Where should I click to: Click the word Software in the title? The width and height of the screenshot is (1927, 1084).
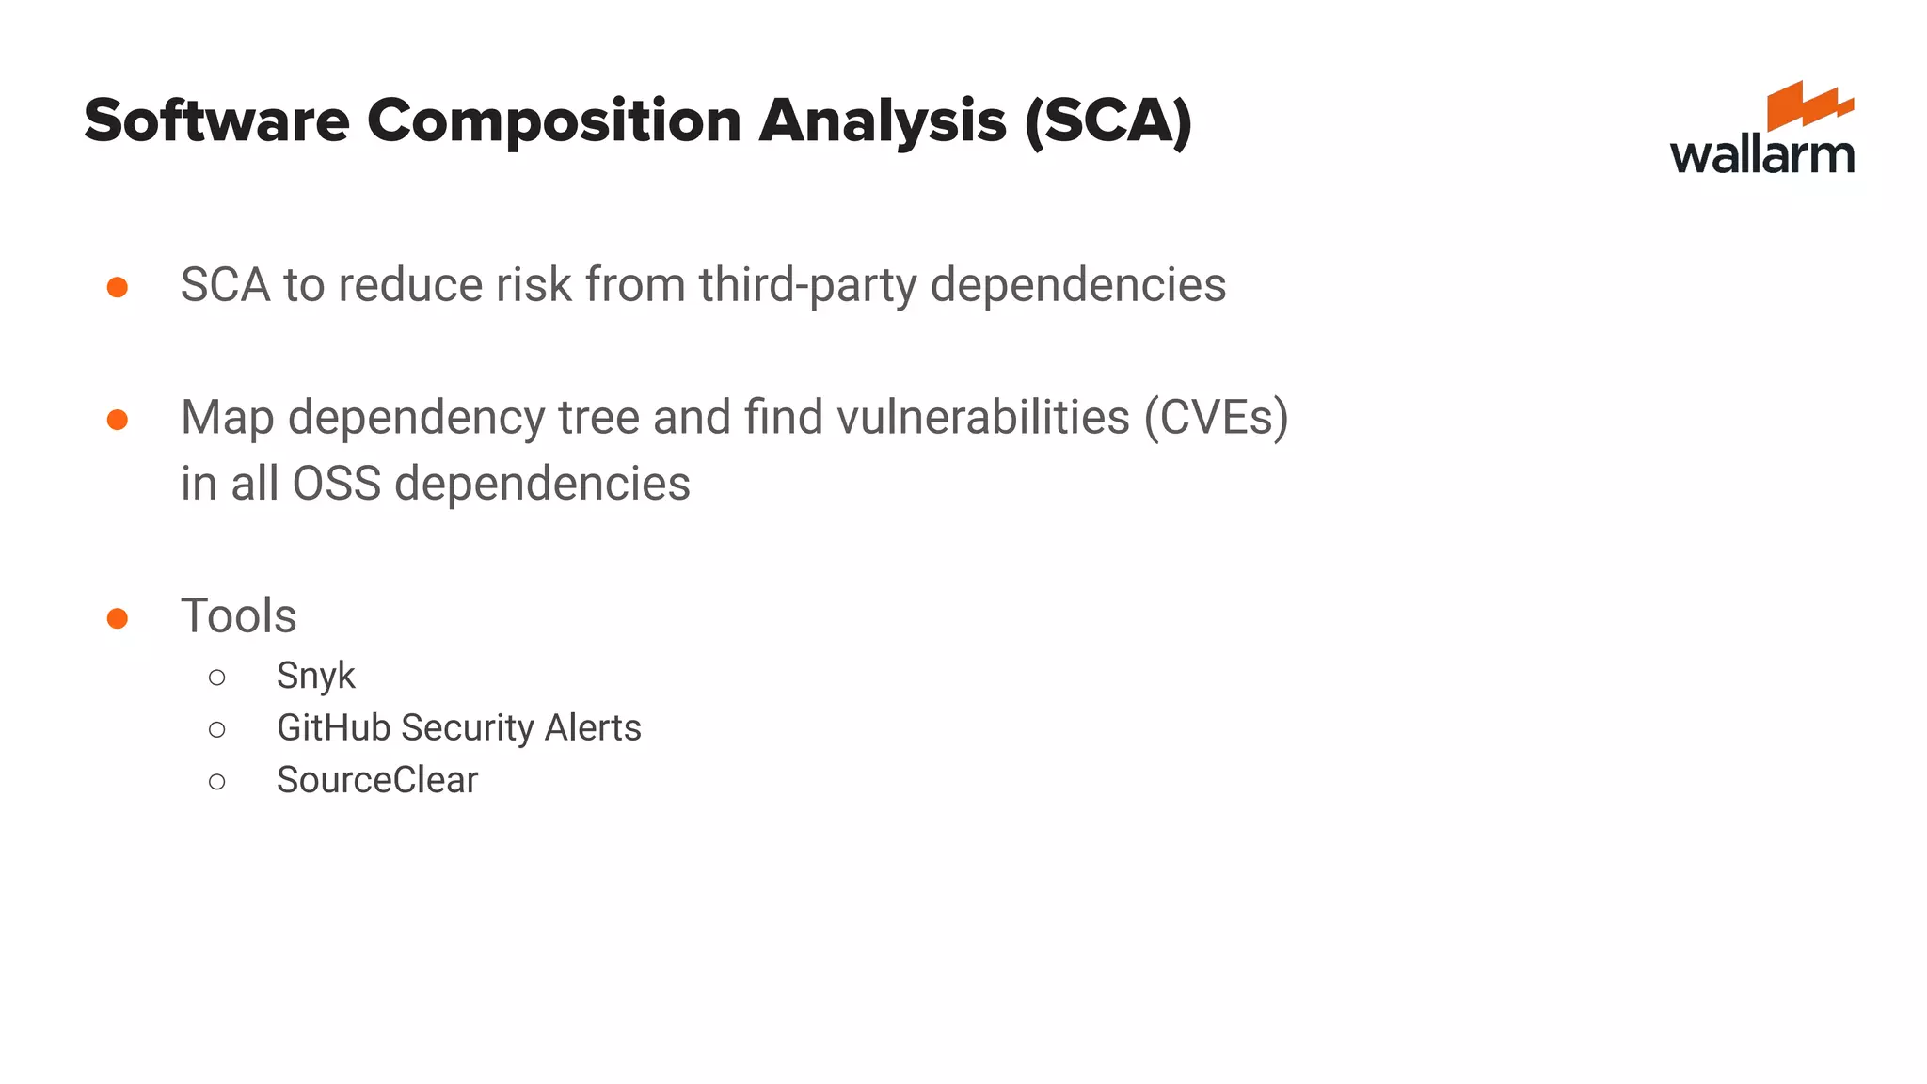pyautogui.click(x=216, y=121)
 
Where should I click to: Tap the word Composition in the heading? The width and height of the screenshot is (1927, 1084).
pyautogui.click(x=554, y=121)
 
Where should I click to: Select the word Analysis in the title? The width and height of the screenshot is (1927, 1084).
pyautogui.click(x=882, y=121)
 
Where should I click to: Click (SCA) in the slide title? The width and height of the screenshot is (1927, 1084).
pyautogui.click(x=1108, y=121)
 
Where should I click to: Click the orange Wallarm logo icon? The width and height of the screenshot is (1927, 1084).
pyautogui.click(x=1808, y=104)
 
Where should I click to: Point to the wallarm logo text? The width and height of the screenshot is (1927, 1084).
pyautogui.click(x=1761, y=155)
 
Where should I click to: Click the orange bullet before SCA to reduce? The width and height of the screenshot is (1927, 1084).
pyautogui.click(x=118, y=286)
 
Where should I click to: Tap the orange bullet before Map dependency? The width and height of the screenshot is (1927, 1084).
pyautogui.click(x=118, y=419)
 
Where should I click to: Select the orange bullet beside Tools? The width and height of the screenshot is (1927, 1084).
pyautogui.click(x=118, y=617)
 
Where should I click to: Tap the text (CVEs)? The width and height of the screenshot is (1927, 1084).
pyautogui.click(x=1216, y=418)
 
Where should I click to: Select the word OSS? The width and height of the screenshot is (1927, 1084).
pyautogui.click(x=336, y=484)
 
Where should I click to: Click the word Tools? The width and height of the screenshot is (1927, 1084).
pyautogui.click(x=239, y=616)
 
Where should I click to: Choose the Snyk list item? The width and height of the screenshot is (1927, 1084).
pyautogui.click(x=315, y=677)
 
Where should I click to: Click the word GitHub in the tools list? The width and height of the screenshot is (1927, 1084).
pyautogui.click(x=333, y=728)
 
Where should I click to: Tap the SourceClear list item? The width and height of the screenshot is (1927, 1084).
pyautogui.click(x=376, y=780)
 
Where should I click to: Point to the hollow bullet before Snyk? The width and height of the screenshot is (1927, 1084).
pyautogui.click(x=217, y=677)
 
